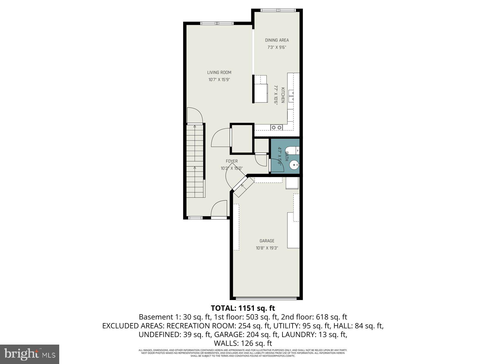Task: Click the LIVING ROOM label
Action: (219, 72)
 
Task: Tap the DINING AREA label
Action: (277, 40)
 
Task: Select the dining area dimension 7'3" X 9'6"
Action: (277, 47)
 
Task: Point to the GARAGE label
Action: (267, 241)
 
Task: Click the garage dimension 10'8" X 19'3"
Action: (267, 248)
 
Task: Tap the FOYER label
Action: (231, 161)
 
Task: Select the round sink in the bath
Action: (294, 166)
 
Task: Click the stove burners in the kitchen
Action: (277, 128)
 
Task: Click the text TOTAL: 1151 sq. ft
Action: (243, 308)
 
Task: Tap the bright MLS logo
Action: (30, 354)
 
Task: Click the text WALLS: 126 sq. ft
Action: (243, 343)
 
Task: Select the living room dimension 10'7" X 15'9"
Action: (219, 80)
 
